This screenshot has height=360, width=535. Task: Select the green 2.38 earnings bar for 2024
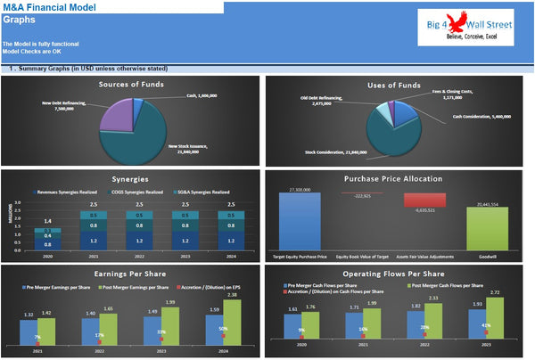click(x=230, y=322)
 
